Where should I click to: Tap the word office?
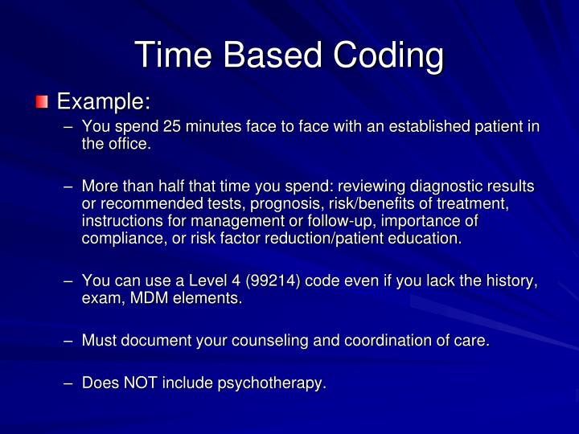pyautogui.click(x=129, y=145)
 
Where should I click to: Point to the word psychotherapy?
pyautogui.click(x=271, y=383)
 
